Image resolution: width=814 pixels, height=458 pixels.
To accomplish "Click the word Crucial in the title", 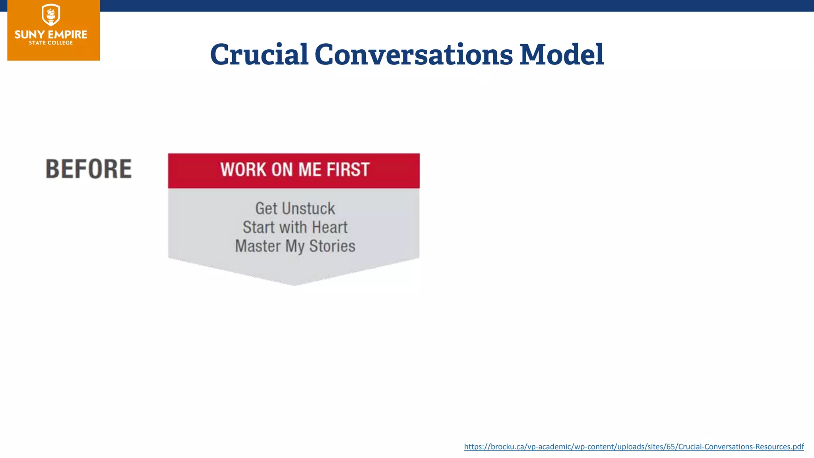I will (x=259, y=54).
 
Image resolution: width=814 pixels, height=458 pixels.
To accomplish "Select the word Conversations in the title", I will (x=414, y=54).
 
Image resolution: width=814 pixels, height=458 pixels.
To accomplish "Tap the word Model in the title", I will (x=562, y=54).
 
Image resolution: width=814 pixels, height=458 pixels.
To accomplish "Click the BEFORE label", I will (x=89, y=169).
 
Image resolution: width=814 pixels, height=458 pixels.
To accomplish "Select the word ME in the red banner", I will (x=310, y=170).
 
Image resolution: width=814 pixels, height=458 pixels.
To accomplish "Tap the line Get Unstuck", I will (x=295, y=209).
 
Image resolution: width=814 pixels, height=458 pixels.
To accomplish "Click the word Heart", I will (x=330, y=227).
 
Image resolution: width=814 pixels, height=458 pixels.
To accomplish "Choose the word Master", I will (x=258, y=246).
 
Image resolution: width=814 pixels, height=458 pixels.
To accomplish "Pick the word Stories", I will (x=332, y=246).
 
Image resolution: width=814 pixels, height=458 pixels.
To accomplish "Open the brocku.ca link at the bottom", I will (x=634, y=446).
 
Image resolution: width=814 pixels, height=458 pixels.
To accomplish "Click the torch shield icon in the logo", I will (x=51, y=15).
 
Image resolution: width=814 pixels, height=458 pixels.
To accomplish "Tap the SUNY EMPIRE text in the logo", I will (x=51, y=35).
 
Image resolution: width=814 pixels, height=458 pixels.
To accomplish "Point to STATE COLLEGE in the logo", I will (x=51, y=43).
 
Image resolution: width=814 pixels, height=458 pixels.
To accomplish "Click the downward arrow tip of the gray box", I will (x=295, y=282).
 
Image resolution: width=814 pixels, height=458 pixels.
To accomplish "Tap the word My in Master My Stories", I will (x=295, y=246).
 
